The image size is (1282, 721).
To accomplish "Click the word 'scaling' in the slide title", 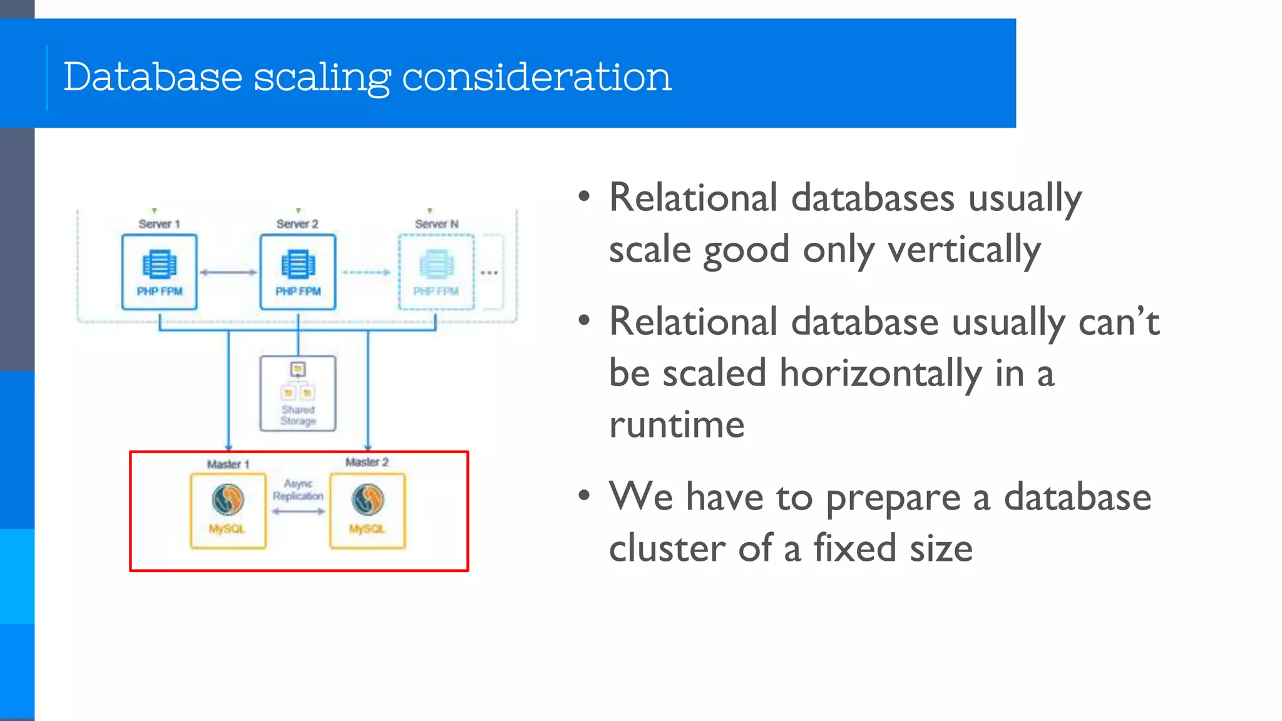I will (322, 78).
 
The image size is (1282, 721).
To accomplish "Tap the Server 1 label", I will (159, 224).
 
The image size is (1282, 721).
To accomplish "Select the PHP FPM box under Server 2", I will (298, 272).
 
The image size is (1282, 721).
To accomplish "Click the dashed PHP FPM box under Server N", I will (436, 272).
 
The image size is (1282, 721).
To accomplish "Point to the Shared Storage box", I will (298, 394).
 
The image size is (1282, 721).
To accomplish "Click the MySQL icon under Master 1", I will (228, 499).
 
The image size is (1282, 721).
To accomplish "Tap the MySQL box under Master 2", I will (367, 511).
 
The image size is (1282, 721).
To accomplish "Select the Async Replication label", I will (298, 489).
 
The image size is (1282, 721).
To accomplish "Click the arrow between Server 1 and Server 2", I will (228, 272).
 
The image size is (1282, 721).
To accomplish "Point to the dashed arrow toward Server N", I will (367, 272).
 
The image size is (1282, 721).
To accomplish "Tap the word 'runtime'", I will (677, 425).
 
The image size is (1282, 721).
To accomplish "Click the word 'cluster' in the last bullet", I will (667, 549).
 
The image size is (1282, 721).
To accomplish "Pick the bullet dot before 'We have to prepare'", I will (584, 496).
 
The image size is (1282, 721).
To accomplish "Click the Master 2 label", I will (367, 463).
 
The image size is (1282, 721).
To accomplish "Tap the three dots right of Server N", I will (490, 273).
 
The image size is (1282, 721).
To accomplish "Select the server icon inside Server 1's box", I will (160, 264).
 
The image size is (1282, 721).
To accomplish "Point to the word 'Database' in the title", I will (153, 78).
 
